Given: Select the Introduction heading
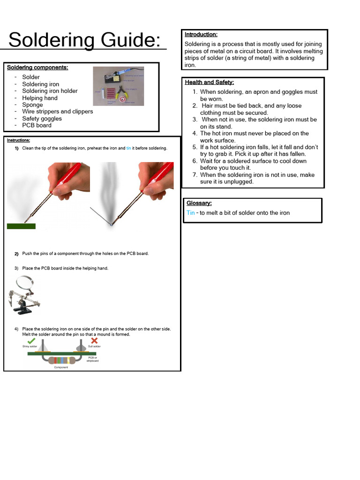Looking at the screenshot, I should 201,35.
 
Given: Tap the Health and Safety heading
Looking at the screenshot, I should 209,82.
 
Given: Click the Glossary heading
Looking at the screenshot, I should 199,203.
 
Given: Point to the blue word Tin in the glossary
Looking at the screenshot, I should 191,213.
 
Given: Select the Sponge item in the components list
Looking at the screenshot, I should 32,105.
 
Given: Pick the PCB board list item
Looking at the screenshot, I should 37,125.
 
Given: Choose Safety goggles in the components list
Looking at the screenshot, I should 42,119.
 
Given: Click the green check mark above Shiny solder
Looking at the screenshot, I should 31,341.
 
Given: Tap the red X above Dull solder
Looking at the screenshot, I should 94,341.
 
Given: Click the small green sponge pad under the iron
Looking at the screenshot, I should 21,226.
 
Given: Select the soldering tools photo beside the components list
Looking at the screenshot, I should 118,86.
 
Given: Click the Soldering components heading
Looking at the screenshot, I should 37,67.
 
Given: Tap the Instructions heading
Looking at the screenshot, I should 18,140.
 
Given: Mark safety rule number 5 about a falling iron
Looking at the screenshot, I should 255,150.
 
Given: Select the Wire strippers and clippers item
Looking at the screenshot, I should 57,112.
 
